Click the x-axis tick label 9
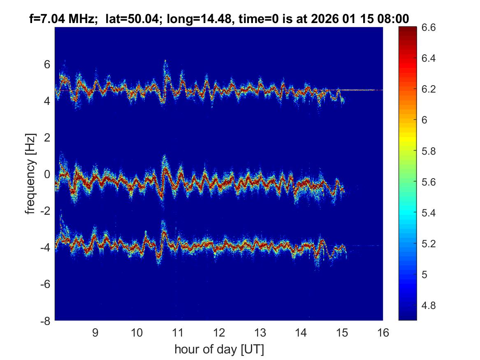(x=95, y=332)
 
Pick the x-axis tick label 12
(x=219, y=332)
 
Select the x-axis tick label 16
(x=383, y=332)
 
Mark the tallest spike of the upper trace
(x=165, y=61)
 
